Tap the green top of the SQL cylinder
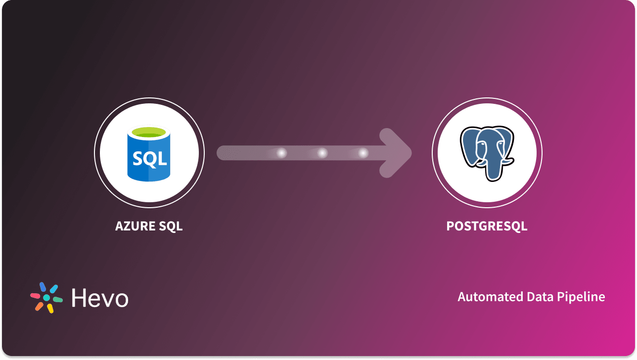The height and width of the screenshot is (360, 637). (x=149, y=132)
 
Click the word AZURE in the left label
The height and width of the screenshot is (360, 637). (x=135, y=226)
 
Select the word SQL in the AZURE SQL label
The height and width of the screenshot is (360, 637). (x=171, y=226)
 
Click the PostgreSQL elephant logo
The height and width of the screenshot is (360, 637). (x=487, y=152)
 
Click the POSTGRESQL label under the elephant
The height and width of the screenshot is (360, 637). (x=487, y=226)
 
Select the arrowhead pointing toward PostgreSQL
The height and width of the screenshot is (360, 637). (x=396, y=153)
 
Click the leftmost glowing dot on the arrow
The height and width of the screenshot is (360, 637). (x=281, y=153)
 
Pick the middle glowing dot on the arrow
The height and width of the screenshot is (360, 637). (x=322, y=153)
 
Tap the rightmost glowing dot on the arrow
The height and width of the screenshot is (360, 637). (x=363, y=153)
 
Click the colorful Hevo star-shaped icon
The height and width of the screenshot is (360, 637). (x=46, y=298)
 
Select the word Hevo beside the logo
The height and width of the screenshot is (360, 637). (x=99, y=298)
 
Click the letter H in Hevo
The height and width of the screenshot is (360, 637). (x=80, y=298)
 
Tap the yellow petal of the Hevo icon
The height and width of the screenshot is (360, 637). (x=50, y=308)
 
